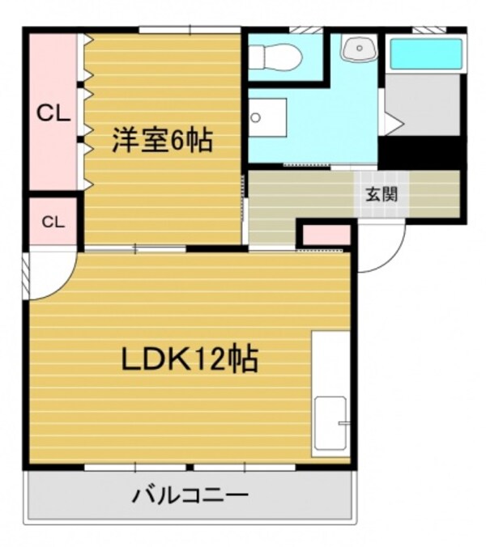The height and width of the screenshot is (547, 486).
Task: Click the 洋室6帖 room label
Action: pos(162,142)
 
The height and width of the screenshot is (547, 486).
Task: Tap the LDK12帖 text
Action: pos(190,358)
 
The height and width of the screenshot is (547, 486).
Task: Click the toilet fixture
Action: pos(276,57)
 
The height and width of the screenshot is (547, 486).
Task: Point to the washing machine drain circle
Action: pos(256,118)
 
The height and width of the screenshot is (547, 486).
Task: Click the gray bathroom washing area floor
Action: pos(422,105)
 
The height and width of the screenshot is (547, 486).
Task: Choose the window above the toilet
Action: pos(301,31)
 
